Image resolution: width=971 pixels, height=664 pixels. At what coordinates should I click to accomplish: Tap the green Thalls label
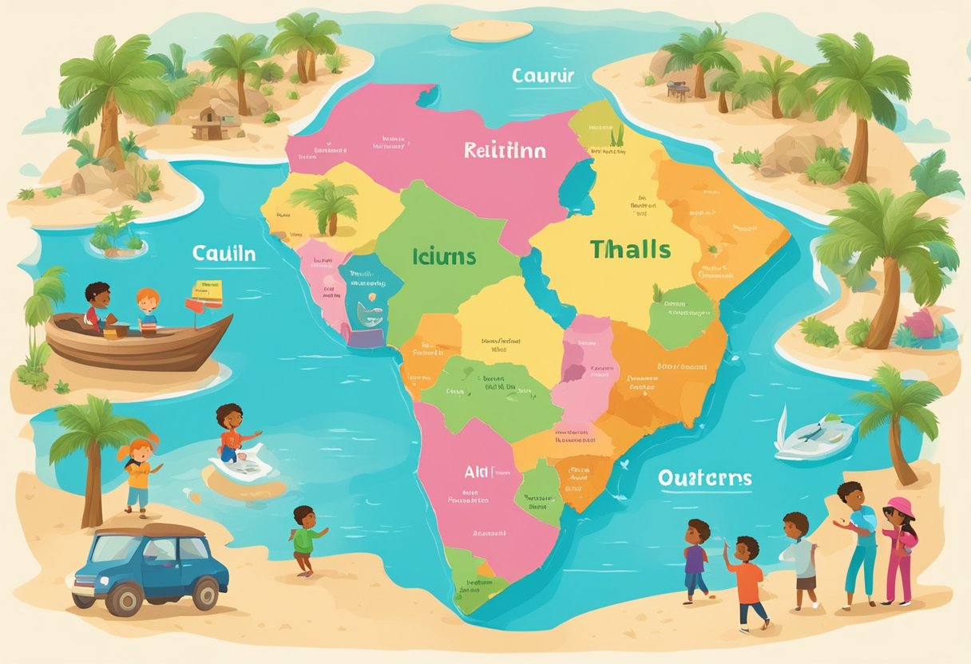point(630,249)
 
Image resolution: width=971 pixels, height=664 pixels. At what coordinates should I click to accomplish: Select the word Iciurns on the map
point(444,257)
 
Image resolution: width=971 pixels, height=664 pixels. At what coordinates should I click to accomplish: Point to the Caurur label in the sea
point(543,77)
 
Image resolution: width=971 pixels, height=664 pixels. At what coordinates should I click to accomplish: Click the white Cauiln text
point(224,254)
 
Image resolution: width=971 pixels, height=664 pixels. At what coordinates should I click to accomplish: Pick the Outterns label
point(704,477)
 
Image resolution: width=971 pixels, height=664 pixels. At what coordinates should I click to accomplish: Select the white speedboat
point(813,437)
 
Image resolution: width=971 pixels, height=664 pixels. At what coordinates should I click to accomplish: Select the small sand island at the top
point(491,30)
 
